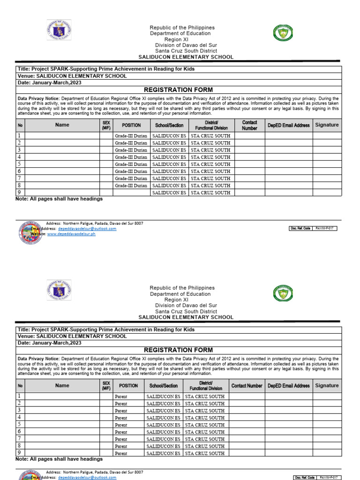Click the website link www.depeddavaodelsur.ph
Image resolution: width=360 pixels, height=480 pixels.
coord(71,234)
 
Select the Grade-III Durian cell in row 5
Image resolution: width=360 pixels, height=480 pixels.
coord(131,165)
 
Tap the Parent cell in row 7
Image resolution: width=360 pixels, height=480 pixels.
coord(121,439)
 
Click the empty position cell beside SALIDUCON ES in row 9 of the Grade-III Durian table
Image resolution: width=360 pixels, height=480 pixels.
coord(131,193)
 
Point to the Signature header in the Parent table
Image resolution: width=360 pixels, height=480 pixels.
coord(327,386)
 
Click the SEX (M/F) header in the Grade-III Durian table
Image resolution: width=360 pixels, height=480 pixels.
coord(106,125)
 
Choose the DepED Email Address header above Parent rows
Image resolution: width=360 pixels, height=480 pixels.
coord(289,386)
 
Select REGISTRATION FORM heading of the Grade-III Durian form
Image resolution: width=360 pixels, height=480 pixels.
coord(178,90)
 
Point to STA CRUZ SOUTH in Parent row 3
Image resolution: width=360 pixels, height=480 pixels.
coord(205,411)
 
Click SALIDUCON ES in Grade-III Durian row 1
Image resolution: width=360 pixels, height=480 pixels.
coord(169,136)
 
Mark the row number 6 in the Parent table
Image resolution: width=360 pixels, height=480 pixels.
coord(19,432)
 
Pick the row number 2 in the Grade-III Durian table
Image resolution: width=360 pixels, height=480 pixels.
coord(19,143)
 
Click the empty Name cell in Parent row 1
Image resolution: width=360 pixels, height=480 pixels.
coord(62,397)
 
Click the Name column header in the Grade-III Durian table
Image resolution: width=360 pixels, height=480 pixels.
coord(62,125)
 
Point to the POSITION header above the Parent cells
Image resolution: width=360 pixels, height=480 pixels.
coord(128,386)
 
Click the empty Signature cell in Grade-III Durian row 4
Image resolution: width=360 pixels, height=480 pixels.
coord(327,157)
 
